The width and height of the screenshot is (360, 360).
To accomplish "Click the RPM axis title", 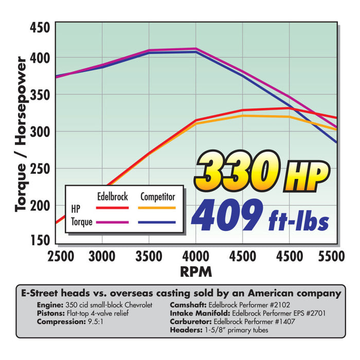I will [x=196, y=271].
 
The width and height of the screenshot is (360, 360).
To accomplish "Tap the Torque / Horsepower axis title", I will [x=21, y=134].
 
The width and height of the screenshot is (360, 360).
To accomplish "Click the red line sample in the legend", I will [x=112, y=208].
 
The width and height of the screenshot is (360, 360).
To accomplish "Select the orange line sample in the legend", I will [x=157, y=208].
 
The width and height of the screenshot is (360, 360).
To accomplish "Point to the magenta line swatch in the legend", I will [x=112, y=222].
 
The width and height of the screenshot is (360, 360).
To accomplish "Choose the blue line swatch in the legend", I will [x=157, y=222].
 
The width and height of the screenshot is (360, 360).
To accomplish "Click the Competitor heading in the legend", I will [x=157, y=196].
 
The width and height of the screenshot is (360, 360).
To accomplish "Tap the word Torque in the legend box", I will [x=81, y=222].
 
